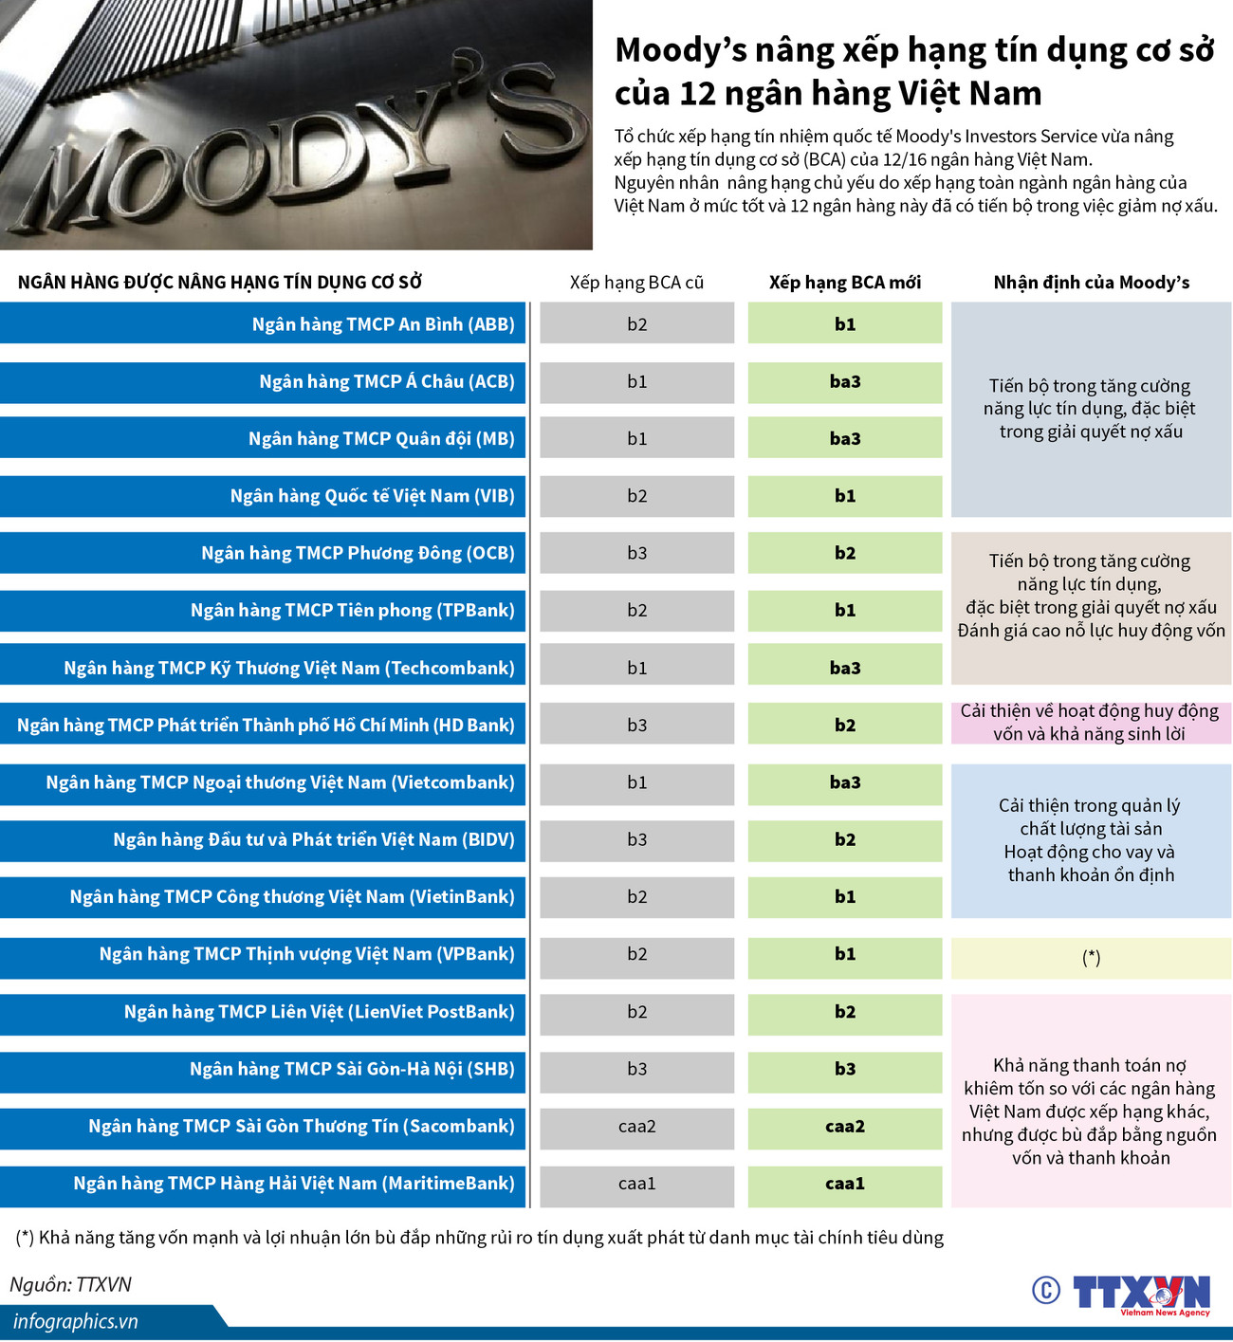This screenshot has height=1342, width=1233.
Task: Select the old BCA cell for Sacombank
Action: pyautogui.click(x=636, y=1127)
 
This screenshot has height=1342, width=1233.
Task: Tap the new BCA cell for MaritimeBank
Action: pyautogui.click(x=844, y=1184)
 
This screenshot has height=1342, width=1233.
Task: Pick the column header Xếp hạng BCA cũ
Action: pyautogui.click(x=636, y=283)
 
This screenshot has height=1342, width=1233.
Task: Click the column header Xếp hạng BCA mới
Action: pyautogui.click(x=844, y=283)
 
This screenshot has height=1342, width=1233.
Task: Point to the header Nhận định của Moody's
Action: pyautogui.click(x=1091, y=283)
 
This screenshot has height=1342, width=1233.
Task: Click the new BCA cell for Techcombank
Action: pyautogui.click(x=844, y=669)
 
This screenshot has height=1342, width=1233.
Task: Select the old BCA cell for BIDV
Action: pyautogui.click(x=636, y=840)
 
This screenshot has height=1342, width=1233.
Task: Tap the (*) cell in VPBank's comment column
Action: pyautogui.click(x=1091, y=958)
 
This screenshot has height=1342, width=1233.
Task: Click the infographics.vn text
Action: pyautogui.click(x=76, y=1322)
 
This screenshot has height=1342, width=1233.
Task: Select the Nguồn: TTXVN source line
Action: pyautogui.click(x=71, y=1285)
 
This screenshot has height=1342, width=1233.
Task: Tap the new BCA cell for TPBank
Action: pyautogui.click(x=844, y=611)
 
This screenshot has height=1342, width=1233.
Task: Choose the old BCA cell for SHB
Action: pyautogui.click(x=636, y=1070)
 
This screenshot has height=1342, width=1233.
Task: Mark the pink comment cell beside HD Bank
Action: pyautogui.click(x=1091, y=723)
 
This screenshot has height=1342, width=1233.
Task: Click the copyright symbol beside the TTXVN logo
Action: pyautogui.click(x=1046, y=1290)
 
